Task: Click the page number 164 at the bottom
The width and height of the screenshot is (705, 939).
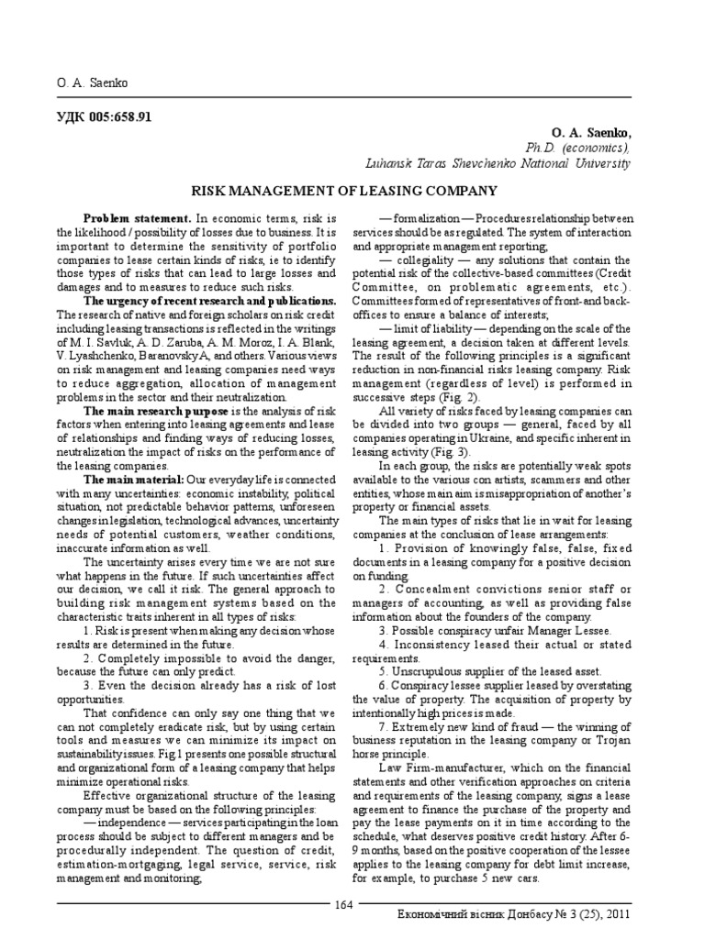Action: (x=343, y=905)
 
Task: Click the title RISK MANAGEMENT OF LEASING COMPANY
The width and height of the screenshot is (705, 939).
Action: (x=343, y=191)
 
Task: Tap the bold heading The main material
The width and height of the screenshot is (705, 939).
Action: (x=133, y=479)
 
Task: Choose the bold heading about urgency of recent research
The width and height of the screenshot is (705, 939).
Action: (x=209, y=300)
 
